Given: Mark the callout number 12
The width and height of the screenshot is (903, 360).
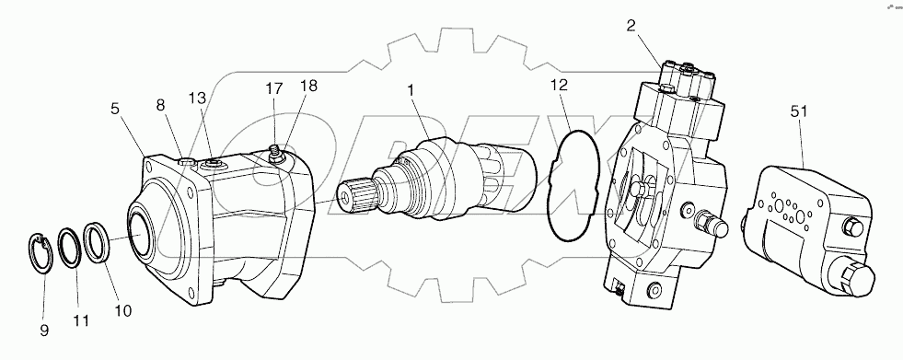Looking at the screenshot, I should point(560,85).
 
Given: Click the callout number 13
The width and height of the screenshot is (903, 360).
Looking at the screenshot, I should point(198,98).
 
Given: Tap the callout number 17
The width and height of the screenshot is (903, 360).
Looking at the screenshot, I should point(272,90).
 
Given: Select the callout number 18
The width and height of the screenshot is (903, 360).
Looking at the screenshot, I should point(307,85).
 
